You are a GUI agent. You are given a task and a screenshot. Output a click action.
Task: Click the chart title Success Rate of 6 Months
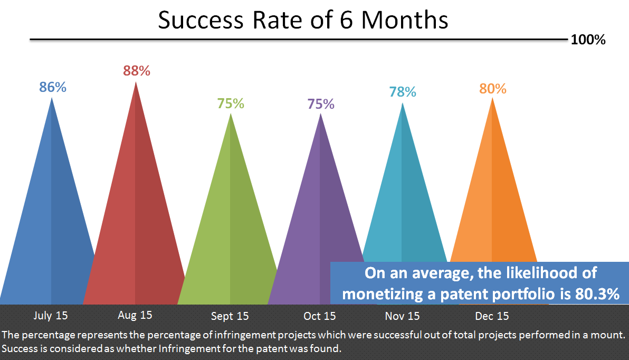click(303, 21)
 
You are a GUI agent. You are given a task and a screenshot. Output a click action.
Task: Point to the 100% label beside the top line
click(588, 40)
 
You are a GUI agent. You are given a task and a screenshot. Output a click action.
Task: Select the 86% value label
click(53, 87)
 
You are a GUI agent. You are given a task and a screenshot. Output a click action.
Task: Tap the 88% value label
click(137, 71)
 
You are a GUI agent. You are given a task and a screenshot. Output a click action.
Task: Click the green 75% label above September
click(231, 103)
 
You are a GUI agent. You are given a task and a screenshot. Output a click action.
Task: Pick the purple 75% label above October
click(321, 104)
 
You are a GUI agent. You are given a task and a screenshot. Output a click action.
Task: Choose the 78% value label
click(403, 92)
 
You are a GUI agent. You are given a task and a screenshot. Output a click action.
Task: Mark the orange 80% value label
click(493, 89)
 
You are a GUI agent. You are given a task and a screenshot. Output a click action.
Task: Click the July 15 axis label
click(51, 316)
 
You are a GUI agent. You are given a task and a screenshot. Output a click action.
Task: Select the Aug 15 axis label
click(135, 315)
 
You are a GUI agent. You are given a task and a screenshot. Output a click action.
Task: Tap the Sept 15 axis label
click(230, 317)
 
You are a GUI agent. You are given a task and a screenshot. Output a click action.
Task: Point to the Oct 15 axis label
click(319, 316)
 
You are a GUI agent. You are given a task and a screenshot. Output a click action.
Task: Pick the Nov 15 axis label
click(402, 316)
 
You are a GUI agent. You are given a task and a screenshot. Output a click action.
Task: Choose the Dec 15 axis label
click(492, 316)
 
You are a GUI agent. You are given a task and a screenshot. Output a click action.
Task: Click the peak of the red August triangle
click(136, 83)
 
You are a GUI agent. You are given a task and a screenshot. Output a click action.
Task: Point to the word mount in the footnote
click(609, 335)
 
